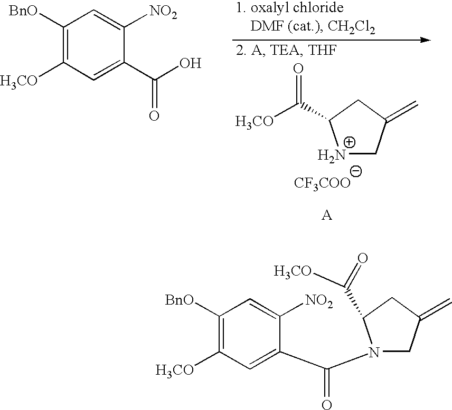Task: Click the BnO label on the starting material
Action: pos(23,11)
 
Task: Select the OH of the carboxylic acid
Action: pos(190,63)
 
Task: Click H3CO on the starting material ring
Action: pos(18,82)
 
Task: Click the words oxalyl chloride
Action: pos(297,8)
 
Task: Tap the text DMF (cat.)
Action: pos(287,27)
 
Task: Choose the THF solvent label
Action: pos(322,51)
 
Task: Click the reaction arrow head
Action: pos(426,40)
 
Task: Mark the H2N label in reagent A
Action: pos(332,155)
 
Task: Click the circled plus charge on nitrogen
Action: pos(350,142)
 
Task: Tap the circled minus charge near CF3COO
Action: pos(356,171)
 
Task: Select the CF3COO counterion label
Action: pos(322,183)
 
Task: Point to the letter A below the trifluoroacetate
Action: pos(327,215)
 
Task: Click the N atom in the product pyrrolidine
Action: pos(374,352)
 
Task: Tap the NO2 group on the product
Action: pos(319,301)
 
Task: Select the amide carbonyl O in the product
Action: pos(327,405)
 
